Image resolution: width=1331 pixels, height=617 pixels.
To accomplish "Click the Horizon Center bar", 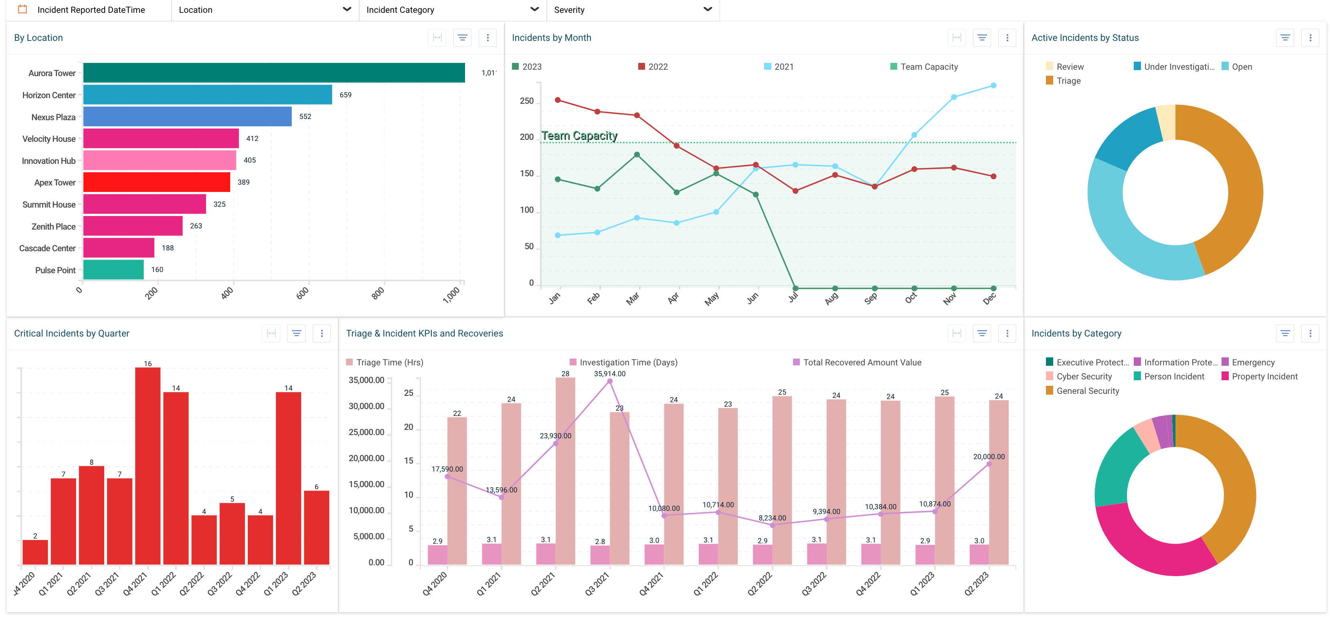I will pos(207,95).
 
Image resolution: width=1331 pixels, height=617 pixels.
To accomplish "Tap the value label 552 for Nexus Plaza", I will pos(305,117).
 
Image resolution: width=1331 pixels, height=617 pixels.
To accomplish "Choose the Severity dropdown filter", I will pos(633,10).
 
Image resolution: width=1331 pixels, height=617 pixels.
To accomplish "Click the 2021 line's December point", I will pos(993,86).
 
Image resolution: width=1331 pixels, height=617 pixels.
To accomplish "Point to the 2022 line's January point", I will pos(558,100).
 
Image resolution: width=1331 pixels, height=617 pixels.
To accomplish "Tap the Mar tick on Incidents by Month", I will pos(633,298).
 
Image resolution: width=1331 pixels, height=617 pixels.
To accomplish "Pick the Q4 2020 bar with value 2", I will pos(35,552).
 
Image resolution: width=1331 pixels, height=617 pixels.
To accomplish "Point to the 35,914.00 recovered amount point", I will pos(610,381).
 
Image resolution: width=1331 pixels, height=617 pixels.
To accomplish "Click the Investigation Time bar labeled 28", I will pos(565,470).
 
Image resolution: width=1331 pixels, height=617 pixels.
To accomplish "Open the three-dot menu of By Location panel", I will pos(487,38).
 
